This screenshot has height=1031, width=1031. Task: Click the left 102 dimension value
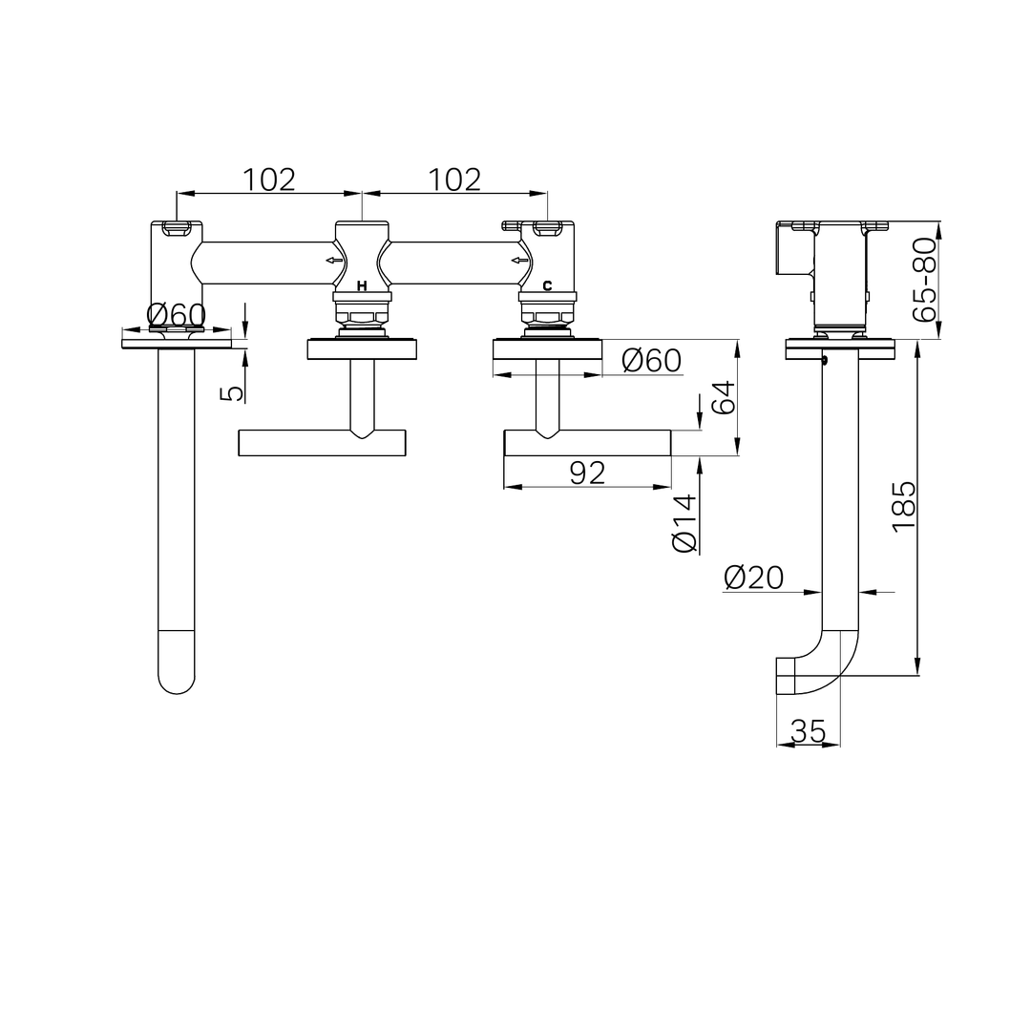coord(269,179)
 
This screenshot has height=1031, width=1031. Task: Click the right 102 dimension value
coord(455,179)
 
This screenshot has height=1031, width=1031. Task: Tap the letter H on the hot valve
coord(362,286)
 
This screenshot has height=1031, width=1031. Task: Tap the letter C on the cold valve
coord(547,286)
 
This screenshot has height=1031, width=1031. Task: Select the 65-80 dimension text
coord(924,280)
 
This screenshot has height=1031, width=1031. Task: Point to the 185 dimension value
coord(904,506)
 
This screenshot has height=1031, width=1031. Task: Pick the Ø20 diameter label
coord(753,578)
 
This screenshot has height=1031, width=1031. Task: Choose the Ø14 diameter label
coord(684,523)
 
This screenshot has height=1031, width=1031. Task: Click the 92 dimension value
coord(587,473)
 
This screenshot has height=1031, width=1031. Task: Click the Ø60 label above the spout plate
coord(177,316)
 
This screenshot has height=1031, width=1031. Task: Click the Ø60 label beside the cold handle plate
coord(652,360)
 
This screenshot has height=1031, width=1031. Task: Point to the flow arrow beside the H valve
coord(335,261)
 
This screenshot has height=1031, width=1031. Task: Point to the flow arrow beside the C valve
coord(520,261)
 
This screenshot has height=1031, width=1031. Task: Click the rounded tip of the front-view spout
coord(177,693)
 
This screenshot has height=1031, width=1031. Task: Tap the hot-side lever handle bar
coord(323,443)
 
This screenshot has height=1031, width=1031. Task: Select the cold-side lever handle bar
coord(587,443)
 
